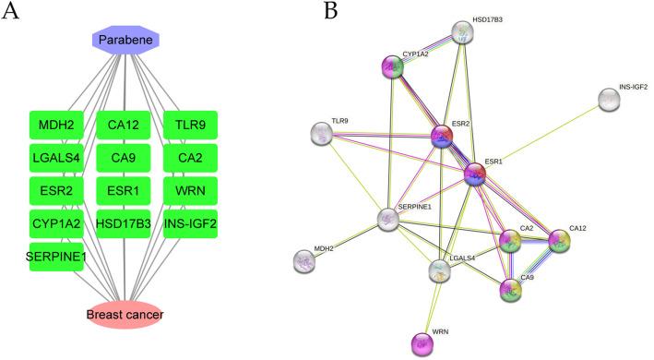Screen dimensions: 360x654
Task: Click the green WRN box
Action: pos(190,190)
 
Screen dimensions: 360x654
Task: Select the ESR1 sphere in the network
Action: pos(474,174)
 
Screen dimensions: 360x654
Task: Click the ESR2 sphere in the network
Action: pos(443,137)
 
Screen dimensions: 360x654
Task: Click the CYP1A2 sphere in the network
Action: pos(395,66)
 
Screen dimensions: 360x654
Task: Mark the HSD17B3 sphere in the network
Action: pos(463,33)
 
